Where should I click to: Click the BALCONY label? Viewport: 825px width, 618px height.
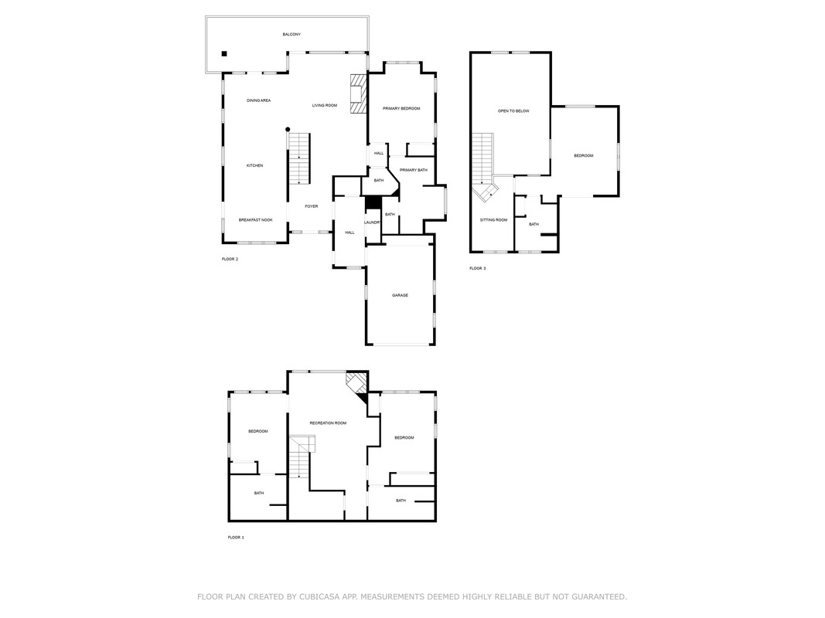[291, 35]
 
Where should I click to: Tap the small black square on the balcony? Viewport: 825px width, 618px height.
[224, 53]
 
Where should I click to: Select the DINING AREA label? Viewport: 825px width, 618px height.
[259, 100]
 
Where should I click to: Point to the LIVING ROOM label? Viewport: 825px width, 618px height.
[325, 106]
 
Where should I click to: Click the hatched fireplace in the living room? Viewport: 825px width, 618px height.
[358, 93]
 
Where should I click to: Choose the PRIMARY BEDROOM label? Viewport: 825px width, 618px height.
[401, 109]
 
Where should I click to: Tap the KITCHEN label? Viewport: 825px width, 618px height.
[254, 166]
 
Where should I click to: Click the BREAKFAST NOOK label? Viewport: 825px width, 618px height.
[256, 220]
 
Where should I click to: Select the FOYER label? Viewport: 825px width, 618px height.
[312, 206]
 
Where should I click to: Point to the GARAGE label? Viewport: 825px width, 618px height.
[400, 296]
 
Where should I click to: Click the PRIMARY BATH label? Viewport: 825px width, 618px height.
[414, 170]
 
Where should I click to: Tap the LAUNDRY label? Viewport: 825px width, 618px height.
[373, 222]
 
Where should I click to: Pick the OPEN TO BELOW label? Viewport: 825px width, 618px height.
[513, 111]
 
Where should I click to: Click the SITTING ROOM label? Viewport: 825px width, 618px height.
[493, 220]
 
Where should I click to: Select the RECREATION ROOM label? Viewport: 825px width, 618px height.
[328, 423]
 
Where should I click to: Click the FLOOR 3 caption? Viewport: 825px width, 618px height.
[478, 269]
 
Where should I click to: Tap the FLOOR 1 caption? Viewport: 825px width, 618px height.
[236, 538]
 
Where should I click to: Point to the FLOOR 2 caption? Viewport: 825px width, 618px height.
[230, 259]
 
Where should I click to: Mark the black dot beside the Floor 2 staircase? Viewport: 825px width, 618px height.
[288, 129]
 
